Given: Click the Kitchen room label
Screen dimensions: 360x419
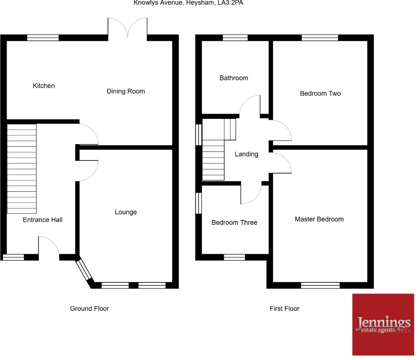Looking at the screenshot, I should [x=44, y=86].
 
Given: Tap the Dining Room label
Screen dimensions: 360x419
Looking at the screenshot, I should [x=126, y=91].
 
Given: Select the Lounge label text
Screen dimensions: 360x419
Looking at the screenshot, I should [x=126, y=212].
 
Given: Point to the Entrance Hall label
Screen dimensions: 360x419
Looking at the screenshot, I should [x=43, y=220].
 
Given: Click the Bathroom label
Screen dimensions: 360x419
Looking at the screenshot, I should [x=234, y=78].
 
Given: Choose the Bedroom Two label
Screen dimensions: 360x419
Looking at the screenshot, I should [x=320, y=94].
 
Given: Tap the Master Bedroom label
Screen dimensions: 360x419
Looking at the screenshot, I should [x=319, y=219].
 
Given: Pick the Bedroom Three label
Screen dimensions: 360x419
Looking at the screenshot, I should [x=234, y=223].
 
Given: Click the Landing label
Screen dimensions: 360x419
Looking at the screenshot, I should [x=246, y=154].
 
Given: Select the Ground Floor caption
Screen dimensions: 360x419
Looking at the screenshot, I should [x=89, y=308].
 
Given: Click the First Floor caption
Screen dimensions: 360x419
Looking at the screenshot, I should [x=285, y=308].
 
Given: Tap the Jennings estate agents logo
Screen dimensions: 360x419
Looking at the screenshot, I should [x=383, y=324].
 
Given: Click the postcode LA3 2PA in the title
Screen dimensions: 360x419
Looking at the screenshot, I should [x=230, y=3].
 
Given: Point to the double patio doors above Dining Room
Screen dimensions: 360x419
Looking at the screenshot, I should [x=128, y=28].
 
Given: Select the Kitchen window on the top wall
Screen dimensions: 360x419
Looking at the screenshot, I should [x=43, y=38].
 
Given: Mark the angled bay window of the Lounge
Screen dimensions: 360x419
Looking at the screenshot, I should [x=84, y=271].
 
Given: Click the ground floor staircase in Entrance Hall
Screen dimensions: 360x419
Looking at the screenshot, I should [x=22, y=169].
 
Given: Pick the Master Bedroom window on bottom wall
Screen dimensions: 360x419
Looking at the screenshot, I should [x=320, y=285].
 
